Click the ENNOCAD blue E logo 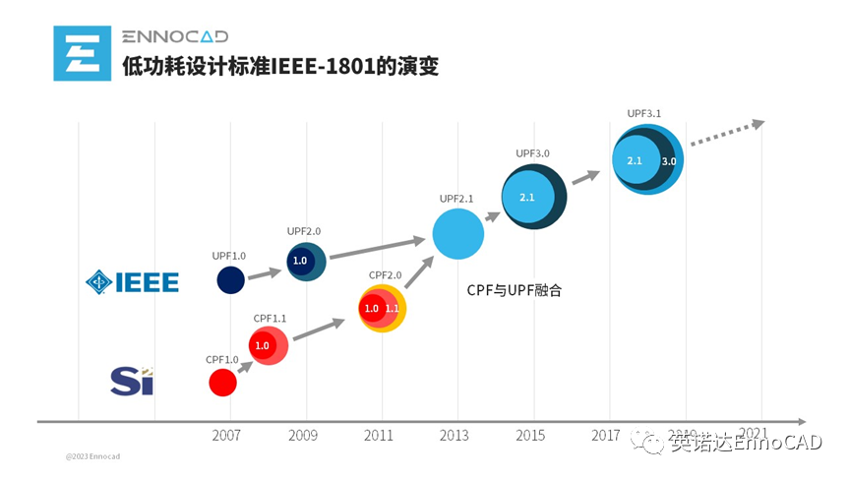pos(83,53)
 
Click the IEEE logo pos(133,282)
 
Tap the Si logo pos(132,380)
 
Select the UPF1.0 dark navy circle pos(230,279)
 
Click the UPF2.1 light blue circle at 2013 pos(457,234)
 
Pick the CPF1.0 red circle pos(223,383)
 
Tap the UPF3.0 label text pos(532,153)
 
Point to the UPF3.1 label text pos(643,113)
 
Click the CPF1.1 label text pos(270,318)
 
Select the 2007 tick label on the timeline pos(227,434)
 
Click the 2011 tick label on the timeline pos(381,434)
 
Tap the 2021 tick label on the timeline pos(754,433)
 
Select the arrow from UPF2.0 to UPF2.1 pos(375,247)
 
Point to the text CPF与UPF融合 pos(513,291)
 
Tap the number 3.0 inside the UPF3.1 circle pos(668,160)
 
